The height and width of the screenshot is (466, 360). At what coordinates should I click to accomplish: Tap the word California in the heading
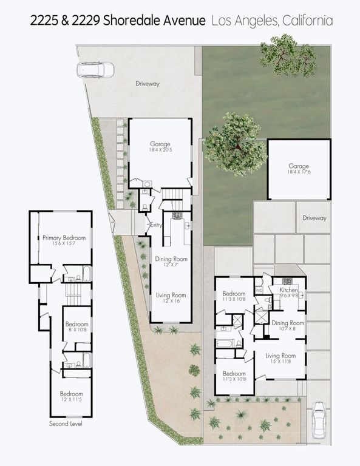(306, 21)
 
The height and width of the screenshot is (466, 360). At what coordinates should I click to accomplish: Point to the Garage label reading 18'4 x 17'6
(299, 168)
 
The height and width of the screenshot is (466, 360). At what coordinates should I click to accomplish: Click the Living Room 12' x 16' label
(171, 297)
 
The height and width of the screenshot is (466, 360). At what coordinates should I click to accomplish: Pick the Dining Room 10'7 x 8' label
(287, 325)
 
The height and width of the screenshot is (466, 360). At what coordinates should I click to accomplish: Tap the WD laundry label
(259, 291)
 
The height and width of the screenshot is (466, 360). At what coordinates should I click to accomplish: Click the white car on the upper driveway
(95, 69)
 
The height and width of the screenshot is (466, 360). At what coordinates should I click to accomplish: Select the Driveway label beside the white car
(148, 84)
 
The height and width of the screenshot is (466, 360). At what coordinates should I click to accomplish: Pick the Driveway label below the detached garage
(314, 218)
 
